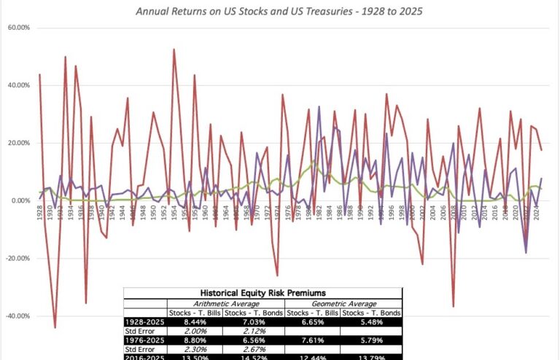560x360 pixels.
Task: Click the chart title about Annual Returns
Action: tap(279, 12)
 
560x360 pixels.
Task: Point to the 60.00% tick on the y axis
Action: tap(18, 28)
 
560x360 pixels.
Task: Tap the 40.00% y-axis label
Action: tap(18, 85)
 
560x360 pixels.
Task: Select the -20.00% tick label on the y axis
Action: tap(17, 259)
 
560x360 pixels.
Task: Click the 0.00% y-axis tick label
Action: tap(20, 201)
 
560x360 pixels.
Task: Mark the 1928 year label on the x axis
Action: tap(39, 212)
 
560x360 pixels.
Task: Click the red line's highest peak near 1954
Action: tap(174, 50)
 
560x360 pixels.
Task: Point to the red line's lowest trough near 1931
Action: tap(55, 327)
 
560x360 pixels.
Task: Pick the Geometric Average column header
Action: tap(342, 303)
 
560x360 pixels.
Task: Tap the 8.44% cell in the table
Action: tap(195, 321)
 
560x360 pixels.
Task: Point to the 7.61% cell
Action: tap(313, 340)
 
